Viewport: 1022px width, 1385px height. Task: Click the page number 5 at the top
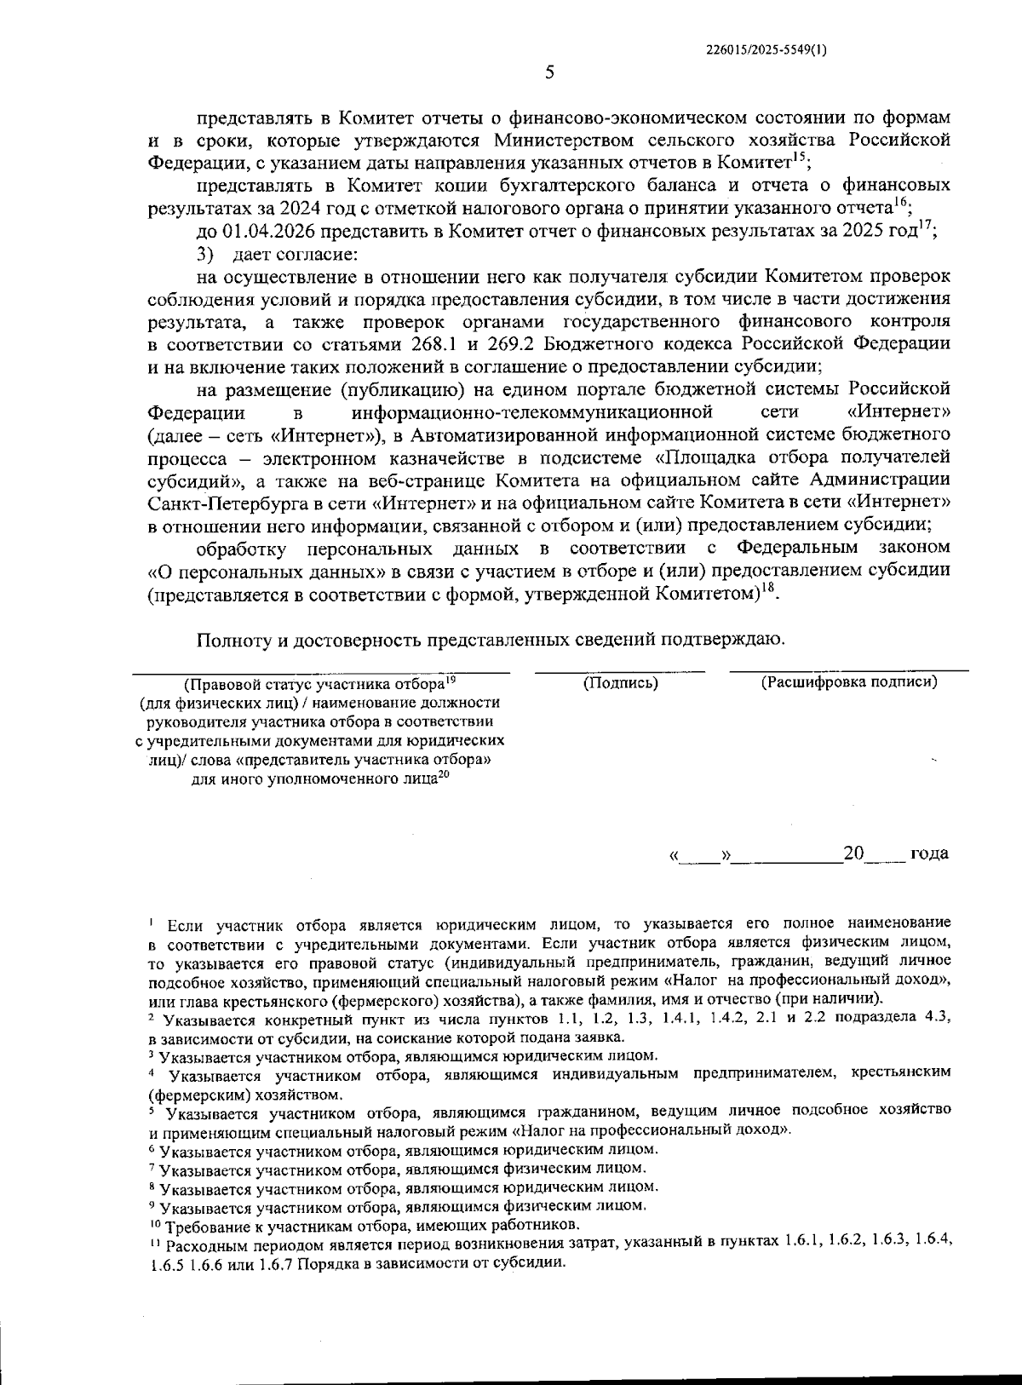[x=549, y=72]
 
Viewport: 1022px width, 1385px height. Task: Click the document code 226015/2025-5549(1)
[x=766, y=50]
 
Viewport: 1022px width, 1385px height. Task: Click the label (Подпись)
[x=620, y=683]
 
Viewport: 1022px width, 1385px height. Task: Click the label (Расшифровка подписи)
[x=848, y=682]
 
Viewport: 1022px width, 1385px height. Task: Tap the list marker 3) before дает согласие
[x=203, y=254]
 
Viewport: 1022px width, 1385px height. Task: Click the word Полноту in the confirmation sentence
[x=235, y=640]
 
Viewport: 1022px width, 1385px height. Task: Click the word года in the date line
[x=929, y=853]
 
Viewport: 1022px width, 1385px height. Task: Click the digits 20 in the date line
[x=853, y=853]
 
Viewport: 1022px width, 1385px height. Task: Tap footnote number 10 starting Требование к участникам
[x=156, y=1224]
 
